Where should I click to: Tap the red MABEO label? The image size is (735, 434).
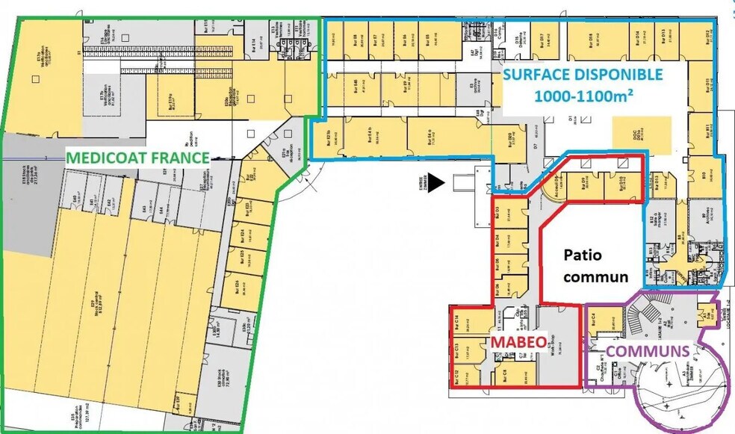[x=515, y=341]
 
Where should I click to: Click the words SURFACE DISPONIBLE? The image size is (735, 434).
[x=581, y=75]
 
